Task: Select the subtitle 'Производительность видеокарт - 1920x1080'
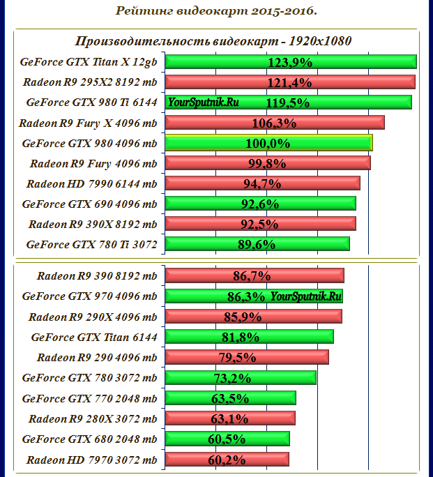213,40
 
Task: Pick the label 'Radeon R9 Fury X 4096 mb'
88,123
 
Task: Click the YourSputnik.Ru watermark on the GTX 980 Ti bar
203,103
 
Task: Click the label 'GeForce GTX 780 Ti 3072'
91,245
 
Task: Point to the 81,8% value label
240,337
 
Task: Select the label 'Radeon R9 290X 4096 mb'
93,317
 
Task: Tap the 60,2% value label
227,460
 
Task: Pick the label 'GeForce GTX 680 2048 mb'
89,439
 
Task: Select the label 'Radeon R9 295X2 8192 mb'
90,82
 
